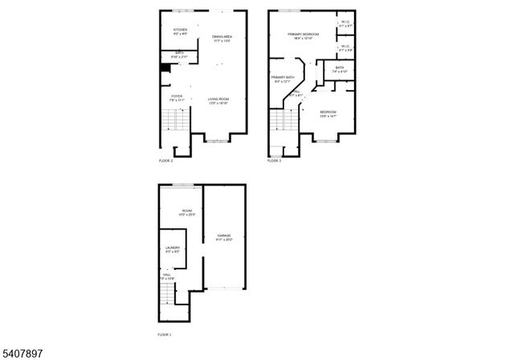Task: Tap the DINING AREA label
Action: (x=222, y=37)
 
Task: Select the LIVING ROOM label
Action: (x=218, y=99)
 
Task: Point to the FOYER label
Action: (x=177, y=96)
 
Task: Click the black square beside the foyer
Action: (x=166, y=67)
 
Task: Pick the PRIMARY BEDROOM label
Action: (x=304, y=34)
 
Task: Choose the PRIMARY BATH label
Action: (x=284, y=77)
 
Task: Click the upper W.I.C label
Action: (x=345, y=22)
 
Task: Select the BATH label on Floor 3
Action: (x=340, y=67)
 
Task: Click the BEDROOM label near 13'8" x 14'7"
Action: (x=328, y=112)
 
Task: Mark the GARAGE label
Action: (x=224, y=235)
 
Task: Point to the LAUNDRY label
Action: (x=173, y=247)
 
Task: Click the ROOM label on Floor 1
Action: (x=186, y=211)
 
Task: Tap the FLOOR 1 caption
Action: (x=165, y=333)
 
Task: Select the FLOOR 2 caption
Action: (x=165, y=161)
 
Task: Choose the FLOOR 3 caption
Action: (x=275, y=161)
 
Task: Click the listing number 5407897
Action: (x=22, y=351)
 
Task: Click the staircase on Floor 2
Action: (x=174, y=121)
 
